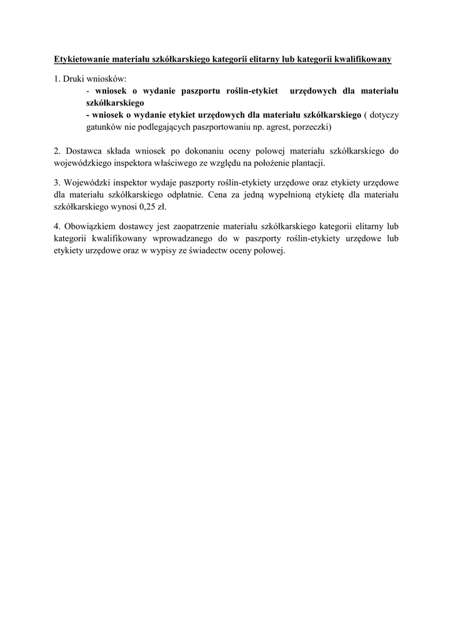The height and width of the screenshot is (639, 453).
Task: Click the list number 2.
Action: click(56, 150)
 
